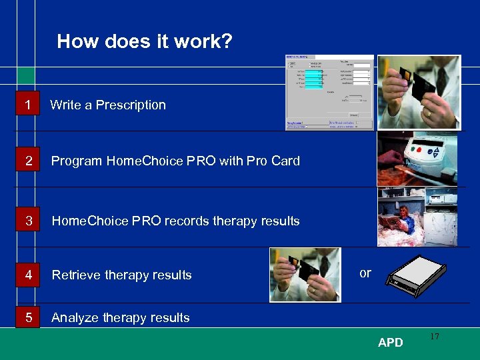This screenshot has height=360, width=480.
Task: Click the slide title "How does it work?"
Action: pyautogui.click(x=145, y=42)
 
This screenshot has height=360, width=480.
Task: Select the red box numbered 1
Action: pyautogui.click(x=27, y=105)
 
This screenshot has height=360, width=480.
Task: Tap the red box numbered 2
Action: pyautogui.click(x=27, y=161)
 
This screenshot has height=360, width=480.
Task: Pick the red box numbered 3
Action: pyautogui.click(x=27, y=221)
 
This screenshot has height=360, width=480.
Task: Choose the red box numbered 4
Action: pyautogui.click(x=27, y=275)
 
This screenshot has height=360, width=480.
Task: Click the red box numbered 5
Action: pyautogui.click(x=27, y=317)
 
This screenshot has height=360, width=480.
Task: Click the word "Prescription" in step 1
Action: pyautogui.click(x=131, y=105)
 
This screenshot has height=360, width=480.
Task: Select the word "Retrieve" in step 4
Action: pyautogui.click(x=75, y=275)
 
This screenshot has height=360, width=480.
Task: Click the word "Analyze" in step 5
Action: pyautogui.click(x=75, y=318)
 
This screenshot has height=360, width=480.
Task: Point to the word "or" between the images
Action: pyautogui.click(x=365, y=273)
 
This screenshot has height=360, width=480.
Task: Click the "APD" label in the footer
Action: pyautogui.click(x=390, y=343)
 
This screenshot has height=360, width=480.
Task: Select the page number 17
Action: pyautogui.click(x=434, y=337)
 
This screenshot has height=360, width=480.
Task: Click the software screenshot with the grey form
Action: pyautogui.click(x=329, y=93)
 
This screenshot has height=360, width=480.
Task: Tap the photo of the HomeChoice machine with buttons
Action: pyautogui.click(x=417, y=159)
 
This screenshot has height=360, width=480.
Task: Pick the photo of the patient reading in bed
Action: pyautogui.click(x=417, y=217)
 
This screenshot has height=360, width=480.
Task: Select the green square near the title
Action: pyautogui.click(x=26, y=75)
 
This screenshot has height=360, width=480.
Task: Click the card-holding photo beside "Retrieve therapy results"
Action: pyautogui.click(x=305, y=275)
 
